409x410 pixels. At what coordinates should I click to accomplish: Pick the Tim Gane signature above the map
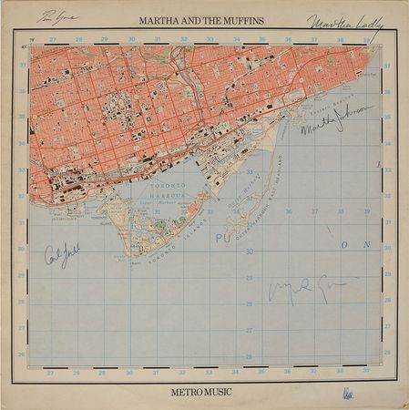click(56, 16)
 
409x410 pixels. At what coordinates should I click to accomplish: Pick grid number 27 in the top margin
click(53, 39)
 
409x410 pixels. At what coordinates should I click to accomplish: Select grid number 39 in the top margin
click(364, 39)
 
